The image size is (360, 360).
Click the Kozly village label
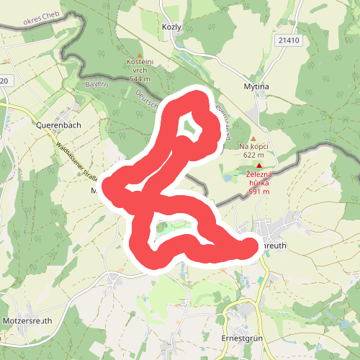172,26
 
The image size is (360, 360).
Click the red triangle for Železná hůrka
259,166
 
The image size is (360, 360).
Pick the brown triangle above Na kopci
253,138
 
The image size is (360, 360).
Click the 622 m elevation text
253,155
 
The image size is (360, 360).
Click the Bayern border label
95,85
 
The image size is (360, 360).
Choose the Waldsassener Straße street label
76,158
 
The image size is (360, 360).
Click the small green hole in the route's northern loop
189,128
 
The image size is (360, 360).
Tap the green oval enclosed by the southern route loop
168,230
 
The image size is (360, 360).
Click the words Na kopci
253,147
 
